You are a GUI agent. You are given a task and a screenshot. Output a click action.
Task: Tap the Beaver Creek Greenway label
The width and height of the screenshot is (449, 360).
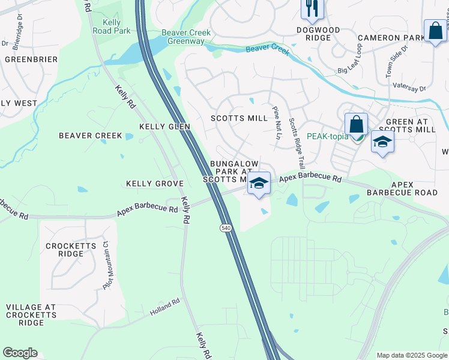pyautogui.click(x=183, y=37)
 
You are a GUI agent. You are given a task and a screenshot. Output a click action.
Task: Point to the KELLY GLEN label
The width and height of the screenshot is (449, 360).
pyautogui.click(x=164, y=127)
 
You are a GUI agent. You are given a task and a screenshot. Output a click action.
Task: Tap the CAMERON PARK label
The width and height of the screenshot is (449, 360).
pyautogui.click(x=391, y=38)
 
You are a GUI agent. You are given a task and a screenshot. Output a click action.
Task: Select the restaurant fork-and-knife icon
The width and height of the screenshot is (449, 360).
pyautogui.click(x=311, y=8)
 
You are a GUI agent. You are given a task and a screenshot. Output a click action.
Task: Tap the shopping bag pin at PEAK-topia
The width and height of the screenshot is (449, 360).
pyautogui.click(x=356, y=125)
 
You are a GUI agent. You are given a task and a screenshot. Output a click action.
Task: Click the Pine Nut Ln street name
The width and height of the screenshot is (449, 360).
pyautogui.click(x=277, y=122)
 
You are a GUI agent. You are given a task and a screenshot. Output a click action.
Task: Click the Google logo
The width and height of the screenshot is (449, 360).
pyautogui.click(x=20, y=353)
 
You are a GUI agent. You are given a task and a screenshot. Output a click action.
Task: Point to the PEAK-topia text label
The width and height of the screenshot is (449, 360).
pyautogui.click(x=328, y=136)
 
